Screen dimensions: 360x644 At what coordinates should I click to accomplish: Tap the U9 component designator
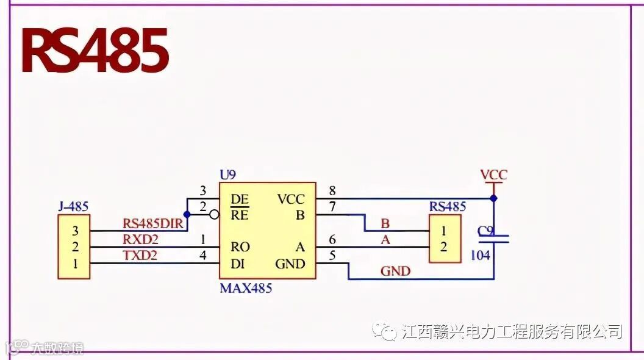click(227, 175)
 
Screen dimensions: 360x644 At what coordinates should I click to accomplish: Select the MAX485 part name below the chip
click(245, 288)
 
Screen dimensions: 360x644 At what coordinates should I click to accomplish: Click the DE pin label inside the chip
click(239, 199)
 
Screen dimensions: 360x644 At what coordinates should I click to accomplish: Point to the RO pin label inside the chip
click(240, 247)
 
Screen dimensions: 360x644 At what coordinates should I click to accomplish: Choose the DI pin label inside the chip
click(238, 264)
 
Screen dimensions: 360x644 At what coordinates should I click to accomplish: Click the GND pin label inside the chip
click(290, 264)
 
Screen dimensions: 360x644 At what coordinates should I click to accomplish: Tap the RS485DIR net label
click(153, 224)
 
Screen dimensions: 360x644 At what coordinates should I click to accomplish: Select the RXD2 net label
click(140, 239)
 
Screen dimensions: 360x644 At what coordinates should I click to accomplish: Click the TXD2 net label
click(140, 256)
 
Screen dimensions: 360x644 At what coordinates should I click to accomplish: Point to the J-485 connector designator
click(73, 207)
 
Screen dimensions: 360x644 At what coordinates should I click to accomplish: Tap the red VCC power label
click(493, 175)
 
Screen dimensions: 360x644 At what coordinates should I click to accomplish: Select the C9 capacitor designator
click(485, 231)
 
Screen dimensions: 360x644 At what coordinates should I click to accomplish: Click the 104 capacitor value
click(481, 255)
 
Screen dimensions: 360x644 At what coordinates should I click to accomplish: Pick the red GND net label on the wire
click(395, 271)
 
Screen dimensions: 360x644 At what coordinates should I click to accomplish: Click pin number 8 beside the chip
click(332, 192)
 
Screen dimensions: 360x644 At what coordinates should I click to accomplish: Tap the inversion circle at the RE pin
click(213, 215)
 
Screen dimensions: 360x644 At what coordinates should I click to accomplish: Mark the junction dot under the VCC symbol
click(494, 198)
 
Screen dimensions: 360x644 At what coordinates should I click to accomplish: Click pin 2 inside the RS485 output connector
click(443, 247)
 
